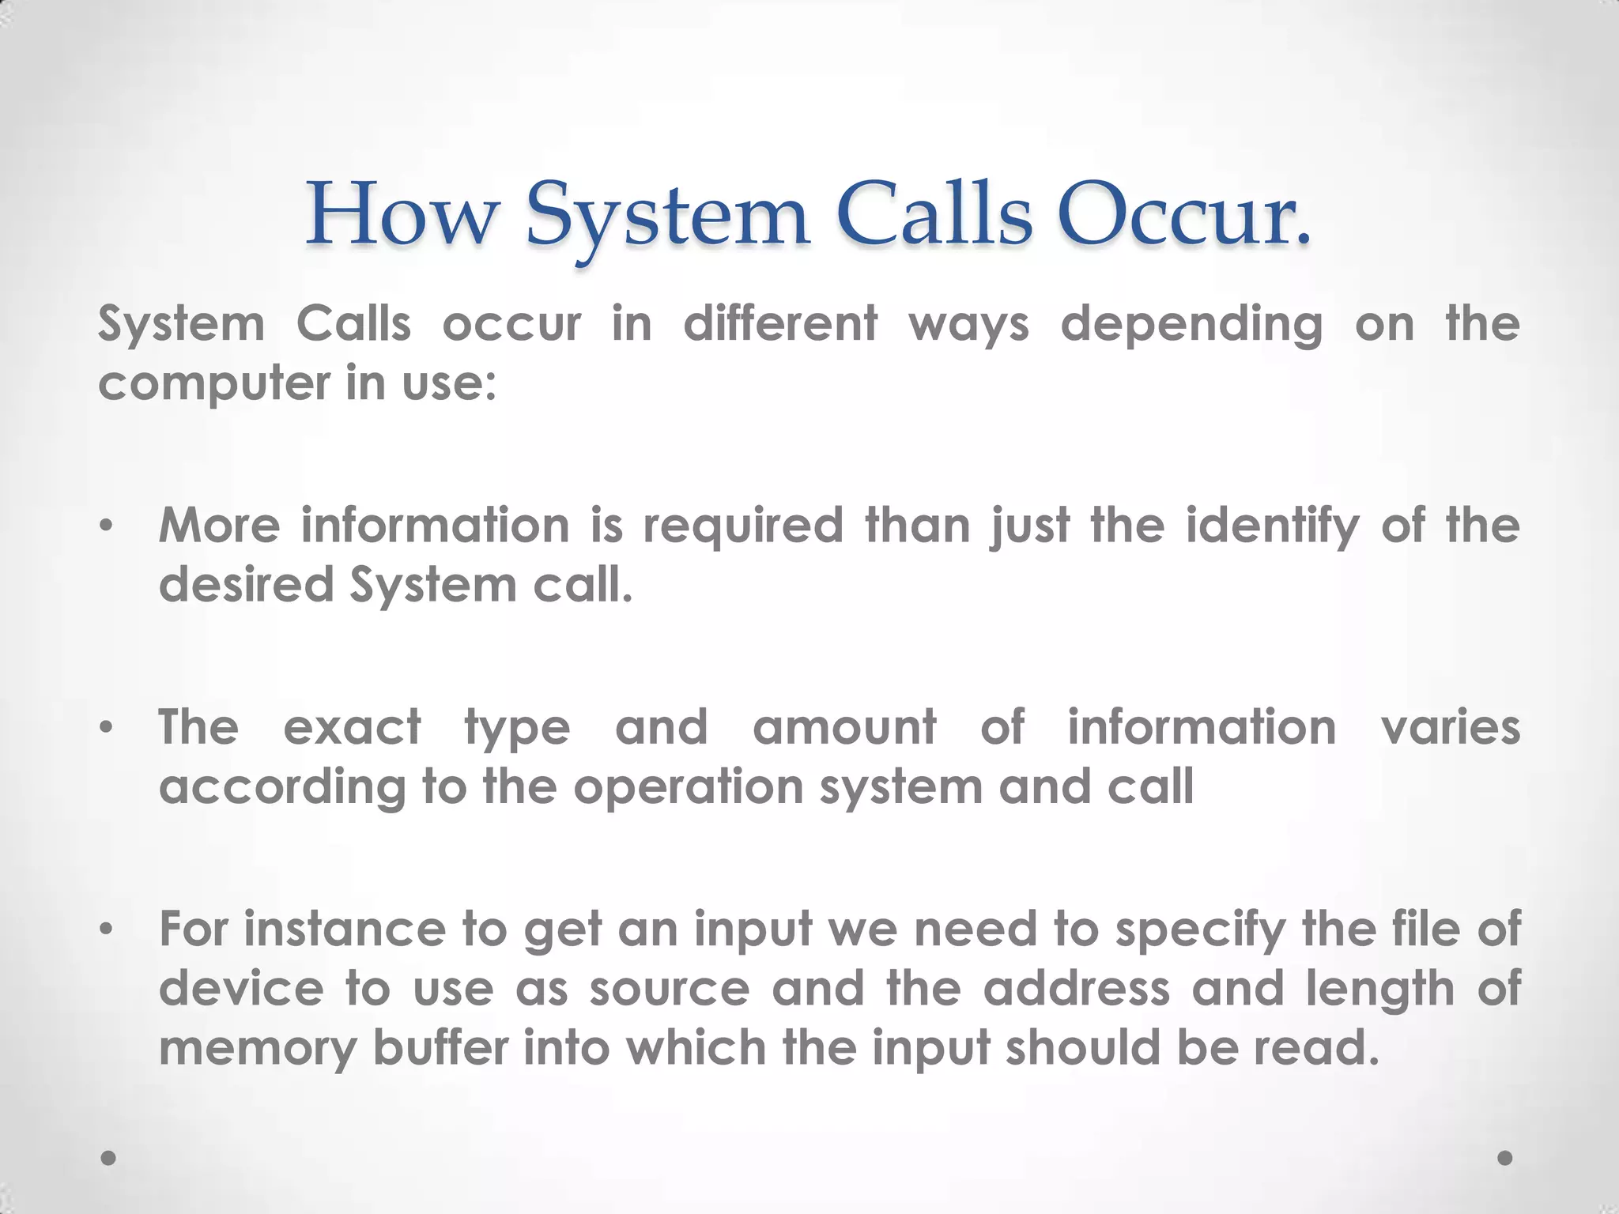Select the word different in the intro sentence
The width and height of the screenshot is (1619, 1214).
[780, 324]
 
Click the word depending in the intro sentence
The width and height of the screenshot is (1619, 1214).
[1191, 326]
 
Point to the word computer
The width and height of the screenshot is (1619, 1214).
[213, 385]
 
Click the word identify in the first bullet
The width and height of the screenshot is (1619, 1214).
[1273, 526]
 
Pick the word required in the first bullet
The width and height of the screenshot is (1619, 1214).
[744, 526]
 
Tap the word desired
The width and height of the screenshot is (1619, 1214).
[247, 585]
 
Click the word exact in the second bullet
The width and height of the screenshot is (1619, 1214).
[353, 727]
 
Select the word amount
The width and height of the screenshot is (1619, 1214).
[844, 727]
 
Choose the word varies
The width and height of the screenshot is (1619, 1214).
[1451, 727]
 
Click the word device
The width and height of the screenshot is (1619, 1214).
[242, 989]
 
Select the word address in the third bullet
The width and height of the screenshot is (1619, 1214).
[1076, 989]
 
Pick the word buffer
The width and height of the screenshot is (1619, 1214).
[441, 1048]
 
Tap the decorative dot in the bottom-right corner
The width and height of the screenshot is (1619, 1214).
[1505, 1158]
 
